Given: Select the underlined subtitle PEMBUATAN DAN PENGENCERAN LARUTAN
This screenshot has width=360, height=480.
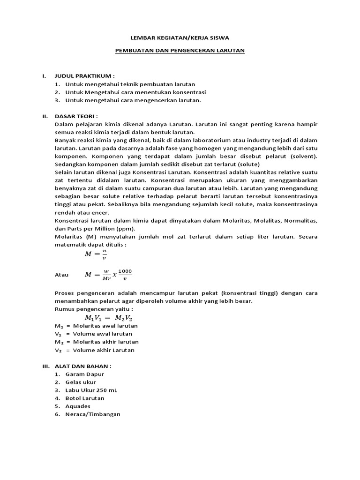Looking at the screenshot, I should pyautogui.click(x=180, y=50).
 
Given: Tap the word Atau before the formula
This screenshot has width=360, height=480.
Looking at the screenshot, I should pyautogui.click(x=62, y=275).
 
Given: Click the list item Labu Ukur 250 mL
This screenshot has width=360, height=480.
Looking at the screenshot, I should pyautogui.click(x=91, y=390).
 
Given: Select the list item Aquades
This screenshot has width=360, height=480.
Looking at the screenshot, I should pyautogui.click(x=78, y=406).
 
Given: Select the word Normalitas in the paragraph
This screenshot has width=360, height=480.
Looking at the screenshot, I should pyautogui.click(x=299, y=220).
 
